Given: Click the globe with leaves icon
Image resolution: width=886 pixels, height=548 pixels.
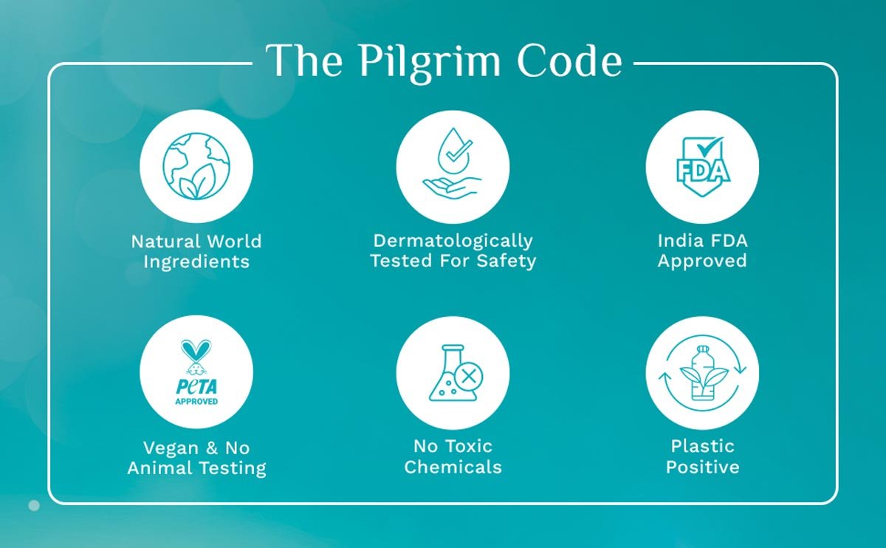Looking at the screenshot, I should click(196, 166).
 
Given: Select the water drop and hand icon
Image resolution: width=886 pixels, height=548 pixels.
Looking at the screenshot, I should click(453, 166).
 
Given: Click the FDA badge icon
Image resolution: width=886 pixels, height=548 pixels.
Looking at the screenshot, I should click(702, 166).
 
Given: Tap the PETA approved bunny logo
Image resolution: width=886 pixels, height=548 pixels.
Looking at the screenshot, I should click(196, 372).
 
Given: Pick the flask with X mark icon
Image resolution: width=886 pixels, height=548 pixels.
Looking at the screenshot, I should click(453, 372).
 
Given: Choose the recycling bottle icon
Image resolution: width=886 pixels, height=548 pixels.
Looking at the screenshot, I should click(702, 372).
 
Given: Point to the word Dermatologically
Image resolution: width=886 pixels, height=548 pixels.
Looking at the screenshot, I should click(453, 241).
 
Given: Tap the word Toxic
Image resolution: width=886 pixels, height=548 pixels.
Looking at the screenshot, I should click(468, 446).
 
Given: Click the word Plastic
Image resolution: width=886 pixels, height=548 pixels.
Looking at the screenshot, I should click(702, 446).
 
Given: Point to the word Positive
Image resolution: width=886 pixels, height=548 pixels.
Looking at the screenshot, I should click(702, 467).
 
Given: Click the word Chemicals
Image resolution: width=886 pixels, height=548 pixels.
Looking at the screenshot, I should click(453, 467).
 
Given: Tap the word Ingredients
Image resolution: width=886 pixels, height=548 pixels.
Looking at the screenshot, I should click(196, 262).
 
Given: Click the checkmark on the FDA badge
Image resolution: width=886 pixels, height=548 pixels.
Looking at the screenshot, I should click(710, 148).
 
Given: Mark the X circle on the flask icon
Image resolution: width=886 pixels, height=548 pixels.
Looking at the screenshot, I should click(467, 377).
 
